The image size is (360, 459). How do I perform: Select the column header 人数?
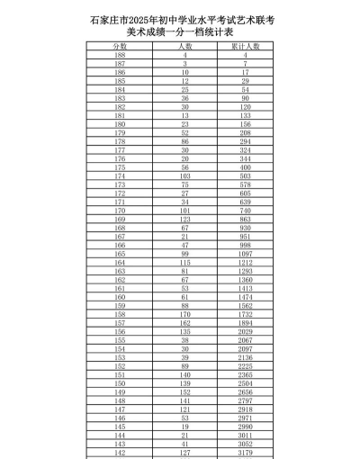(x=184, y=45)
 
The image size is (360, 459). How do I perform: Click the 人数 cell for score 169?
(x=184, y=220)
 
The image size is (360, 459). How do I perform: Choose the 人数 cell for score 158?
(x=184, y=315)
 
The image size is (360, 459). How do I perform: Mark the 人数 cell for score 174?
(x=184, y=176)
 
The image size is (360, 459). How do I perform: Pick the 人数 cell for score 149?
(x=184, y=393)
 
